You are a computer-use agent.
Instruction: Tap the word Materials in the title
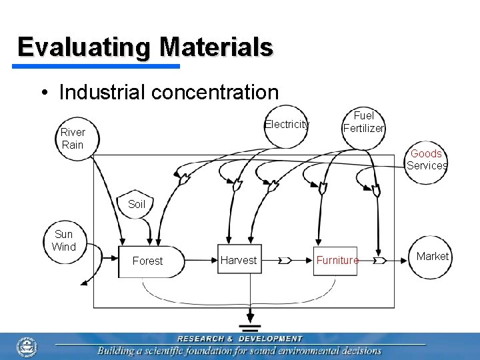217,47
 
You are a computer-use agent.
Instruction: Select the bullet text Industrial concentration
169,92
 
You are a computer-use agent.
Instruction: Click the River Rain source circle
73,138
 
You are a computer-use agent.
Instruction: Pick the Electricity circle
286,125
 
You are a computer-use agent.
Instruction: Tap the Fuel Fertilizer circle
363,122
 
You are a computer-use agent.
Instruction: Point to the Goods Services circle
427,160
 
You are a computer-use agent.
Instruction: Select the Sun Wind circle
64,241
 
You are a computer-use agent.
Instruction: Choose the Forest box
147,261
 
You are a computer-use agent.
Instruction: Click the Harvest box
238,260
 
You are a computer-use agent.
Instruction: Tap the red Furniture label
337,260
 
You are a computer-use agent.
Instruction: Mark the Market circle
433,257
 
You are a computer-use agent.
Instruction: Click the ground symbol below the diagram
250,328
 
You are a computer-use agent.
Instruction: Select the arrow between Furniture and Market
379,260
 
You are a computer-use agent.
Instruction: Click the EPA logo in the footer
27,346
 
